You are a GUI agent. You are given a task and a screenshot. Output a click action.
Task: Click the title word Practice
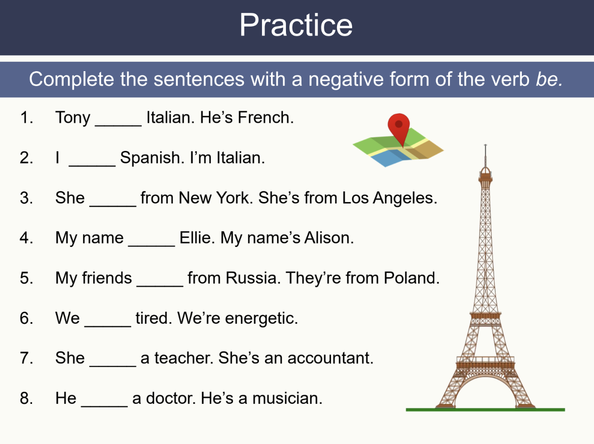[x=296, y=25]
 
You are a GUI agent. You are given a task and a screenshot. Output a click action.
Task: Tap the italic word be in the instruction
[x=548, y=79]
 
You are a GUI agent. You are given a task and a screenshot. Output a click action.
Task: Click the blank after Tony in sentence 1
[x=118, y=120]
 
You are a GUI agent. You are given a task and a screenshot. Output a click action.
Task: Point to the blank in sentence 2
[x=92, y=160]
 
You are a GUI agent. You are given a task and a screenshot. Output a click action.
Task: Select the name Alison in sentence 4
[x=329, y=238]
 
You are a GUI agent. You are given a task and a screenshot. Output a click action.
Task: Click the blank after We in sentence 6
[x=108, y=321]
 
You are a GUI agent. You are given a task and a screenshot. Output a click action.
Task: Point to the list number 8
[x=26, y=398]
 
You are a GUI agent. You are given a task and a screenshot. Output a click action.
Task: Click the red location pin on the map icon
[x=399, y=125]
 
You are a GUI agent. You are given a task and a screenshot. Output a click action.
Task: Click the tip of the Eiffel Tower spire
[x=485, y=146]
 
